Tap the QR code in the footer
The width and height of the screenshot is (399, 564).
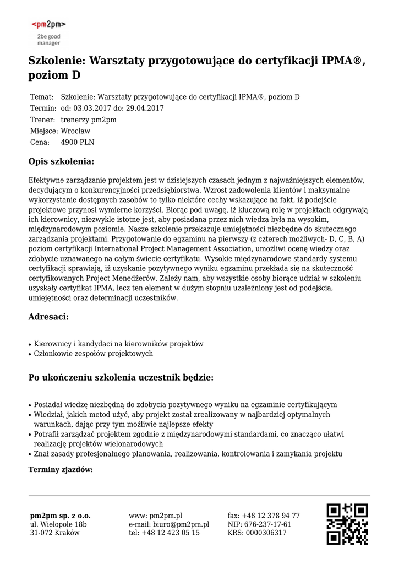[x=347, y=524]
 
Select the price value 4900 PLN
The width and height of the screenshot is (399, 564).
[x=77, y=142]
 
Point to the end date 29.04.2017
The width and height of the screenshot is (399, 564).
[x=145, y=108]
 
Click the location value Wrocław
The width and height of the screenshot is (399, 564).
[x=75, y=131]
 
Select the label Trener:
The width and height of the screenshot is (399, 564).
[x=42, y=120]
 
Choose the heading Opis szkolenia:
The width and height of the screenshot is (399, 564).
[x=61, y=162]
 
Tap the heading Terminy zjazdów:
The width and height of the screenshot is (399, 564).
[x=61, y=470]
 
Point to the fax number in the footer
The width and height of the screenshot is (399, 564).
[x=264, y=516]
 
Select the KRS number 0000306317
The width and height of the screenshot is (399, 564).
[x=267, y=533]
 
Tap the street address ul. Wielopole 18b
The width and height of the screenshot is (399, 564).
[x=58, y=524]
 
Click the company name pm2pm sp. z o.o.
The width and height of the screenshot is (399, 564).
[x=61, y=516]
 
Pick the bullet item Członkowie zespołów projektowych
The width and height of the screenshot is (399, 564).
[x=94, y=354]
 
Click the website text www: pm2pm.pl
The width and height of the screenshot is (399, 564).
[x=156, y=516]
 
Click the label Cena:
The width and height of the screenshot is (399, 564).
[x=40, y=142]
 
